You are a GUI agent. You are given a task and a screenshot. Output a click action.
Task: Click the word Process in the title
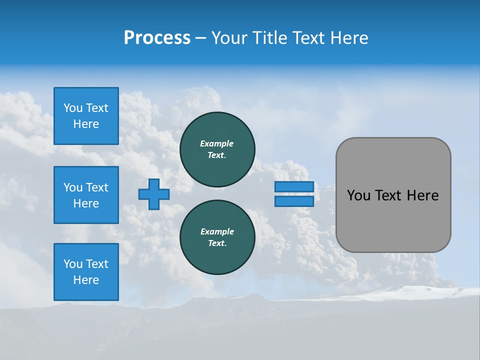[x=157, y=38]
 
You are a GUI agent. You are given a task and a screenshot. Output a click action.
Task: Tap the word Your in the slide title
[x=228, y=38]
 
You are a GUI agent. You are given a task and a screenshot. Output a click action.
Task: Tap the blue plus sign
[x=154, y=194]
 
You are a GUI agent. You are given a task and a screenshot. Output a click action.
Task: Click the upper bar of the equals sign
[x=294, y=187]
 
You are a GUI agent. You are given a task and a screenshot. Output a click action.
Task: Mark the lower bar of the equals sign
[x=294, y=201]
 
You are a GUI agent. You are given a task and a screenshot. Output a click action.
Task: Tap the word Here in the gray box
[x=422, y=195]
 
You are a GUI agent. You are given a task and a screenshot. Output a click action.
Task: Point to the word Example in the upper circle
[x=216, y=143]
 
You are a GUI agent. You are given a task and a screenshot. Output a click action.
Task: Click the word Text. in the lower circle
[x=216, y=243]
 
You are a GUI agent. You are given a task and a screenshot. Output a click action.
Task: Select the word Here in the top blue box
[x=86, y=124]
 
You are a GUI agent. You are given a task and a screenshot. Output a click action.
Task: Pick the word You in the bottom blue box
[x=73, y=264]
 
